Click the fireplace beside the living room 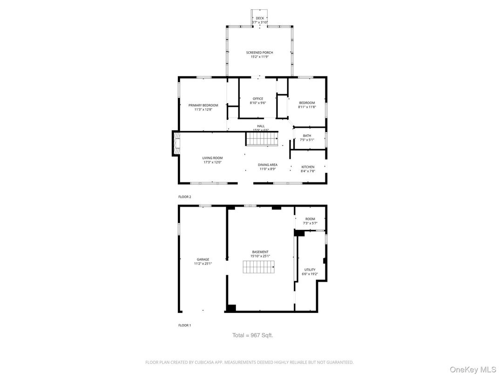[176, 144]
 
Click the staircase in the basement [259, 267]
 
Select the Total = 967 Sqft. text [253, 335]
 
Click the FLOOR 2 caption [185, 197]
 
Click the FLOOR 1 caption [185, 325]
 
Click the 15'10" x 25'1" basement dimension [260, 256]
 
